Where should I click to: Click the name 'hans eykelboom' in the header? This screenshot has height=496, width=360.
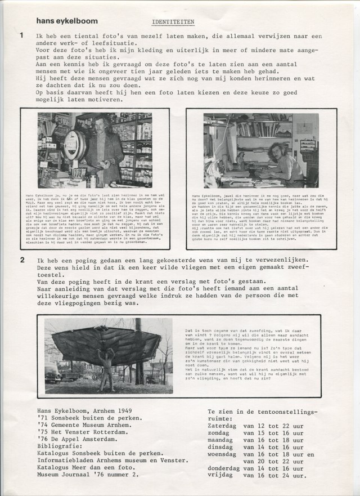click(x=66, y=21)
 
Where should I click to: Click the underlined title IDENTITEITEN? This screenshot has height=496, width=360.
click(x=173, y=23)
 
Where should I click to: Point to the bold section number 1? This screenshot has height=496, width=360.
click(x=22, y=35)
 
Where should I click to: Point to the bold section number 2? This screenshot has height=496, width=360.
click(x=22, y=260)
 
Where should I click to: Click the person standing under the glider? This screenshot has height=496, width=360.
click(x=105, y=369)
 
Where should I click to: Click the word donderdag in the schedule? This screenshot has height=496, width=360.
click(x=228, y=468)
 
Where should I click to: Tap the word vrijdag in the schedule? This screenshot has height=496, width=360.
click(x=223, y=476)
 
